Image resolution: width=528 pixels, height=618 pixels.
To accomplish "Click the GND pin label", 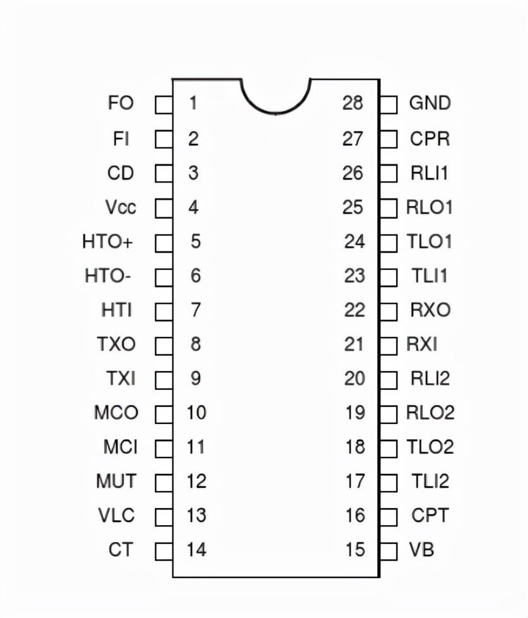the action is point(430,103).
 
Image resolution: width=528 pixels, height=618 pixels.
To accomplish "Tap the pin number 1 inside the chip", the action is point(193,103).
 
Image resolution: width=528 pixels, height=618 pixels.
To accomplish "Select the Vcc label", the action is point(121,207).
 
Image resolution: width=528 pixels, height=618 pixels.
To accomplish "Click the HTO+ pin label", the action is point(107,241).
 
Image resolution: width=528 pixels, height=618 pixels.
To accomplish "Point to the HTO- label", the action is point(107,276).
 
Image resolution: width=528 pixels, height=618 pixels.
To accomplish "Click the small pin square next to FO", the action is point(164,105).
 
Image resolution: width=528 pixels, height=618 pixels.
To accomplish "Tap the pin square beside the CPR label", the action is point(388,139).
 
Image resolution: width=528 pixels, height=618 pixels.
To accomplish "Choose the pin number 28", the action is point(352,103).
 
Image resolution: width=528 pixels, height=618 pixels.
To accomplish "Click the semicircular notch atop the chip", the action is point(276,97).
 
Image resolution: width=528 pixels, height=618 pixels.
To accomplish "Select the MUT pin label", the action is point(116,482).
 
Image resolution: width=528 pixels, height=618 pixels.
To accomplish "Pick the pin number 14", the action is point(196,550).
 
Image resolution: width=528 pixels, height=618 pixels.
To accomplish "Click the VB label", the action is point(422,550).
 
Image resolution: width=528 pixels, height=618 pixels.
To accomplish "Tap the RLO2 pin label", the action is point(430,413).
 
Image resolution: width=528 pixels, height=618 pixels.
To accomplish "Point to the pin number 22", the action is point(354,310).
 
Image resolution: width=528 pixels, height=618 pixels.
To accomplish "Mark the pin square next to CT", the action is point(164,552).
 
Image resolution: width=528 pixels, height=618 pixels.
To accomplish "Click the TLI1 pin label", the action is point(429,276).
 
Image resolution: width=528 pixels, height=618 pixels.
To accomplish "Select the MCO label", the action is point(116,413).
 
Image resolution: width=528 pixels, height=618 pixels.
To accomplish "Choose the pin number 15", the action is point(355,550).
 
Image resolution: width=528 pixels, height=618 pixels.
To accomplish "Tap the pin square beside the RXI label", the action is point(388,346).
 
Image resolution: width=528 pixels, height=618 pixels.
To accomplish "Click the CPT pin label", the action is point(430,516).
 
